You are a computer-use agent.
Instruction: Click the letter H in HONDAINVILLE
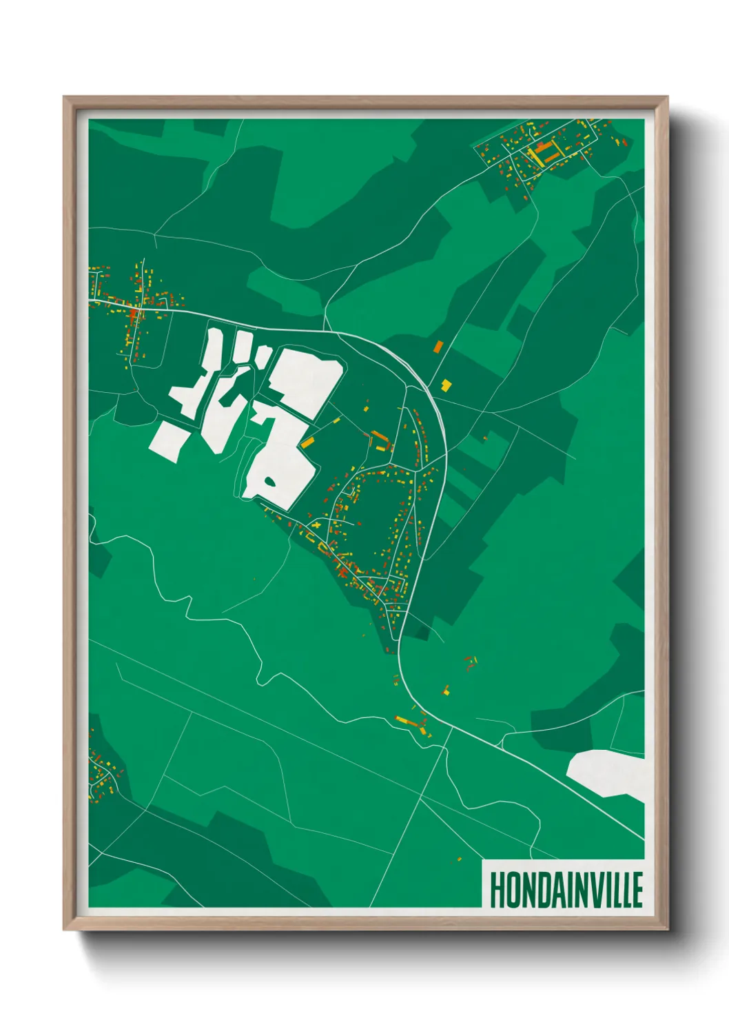pos(497,890)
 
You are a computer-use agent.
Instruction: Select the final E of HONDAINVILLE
pos(637,890)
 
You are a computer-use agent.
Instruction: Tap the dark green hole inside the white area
pos(269,481)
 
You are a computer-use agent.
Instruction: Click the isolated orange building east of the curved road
pos(438,347)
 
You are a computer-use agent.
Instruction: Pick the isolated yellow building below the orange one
pos(446,385)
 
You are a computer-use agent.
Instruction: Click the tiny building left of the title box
pos(459,859)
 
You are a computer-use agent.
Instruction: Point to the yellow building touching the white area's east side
pos(307,442)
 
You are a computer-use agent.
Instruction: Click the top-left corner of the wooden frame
pos(64,97)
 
